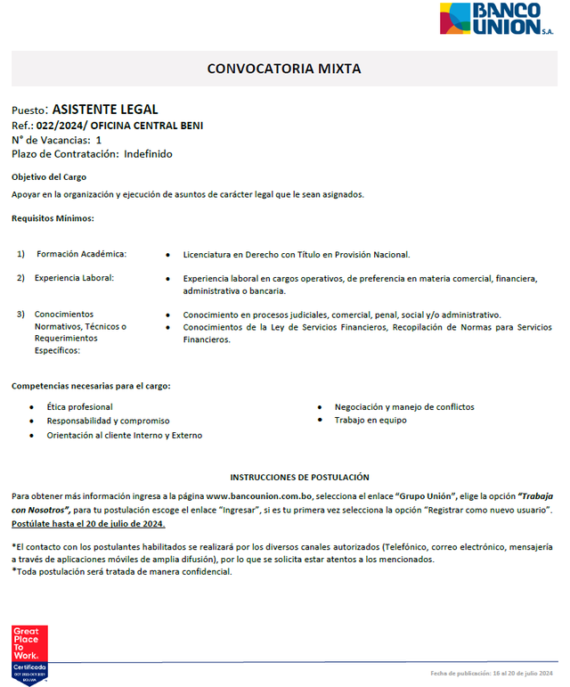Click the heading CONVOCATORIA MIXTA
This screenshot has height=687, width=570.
(x=284, y=69)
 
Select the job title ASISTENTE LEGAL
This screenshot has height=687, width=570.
(x=105, y=110)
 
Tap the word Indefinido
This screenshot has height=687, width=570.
(x=148, y=153)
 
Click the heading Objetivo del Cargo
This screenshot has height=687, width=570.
(x=49, y=176)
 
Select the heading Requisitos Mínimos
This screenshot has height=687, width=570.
(x=53, y=217)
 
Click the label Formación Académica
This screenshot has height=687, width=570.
(x=81, y=254)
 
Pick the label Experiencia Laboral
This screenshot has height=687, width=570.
(x=74, y=278)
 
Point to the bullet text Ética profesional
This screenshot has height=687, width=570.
(x=79, y=406)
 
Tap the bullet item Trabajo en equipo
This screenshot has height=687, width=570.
(x=370, y=420)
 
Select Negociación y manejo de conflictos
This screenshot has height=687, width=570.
(x=403, y=406)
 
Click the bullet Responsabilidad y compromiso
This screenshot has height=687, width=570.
(x=108, y=421)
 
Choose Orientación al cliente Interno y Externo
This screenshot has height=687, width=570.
(x=124, y=435)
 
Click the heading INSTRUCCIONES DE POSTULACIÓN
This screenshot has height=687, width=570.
(x=299, y=478)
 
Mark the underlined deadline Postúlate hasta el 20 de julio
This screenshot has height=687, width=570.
(x=88, y=523)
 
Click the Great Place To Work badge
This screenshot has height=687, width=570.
(x=28, y=654)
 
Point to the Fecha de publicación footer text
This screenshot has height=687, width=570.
(x=492, y=672)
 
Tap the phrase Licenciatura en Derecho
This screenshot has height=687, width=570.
(x=232, y=254)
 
